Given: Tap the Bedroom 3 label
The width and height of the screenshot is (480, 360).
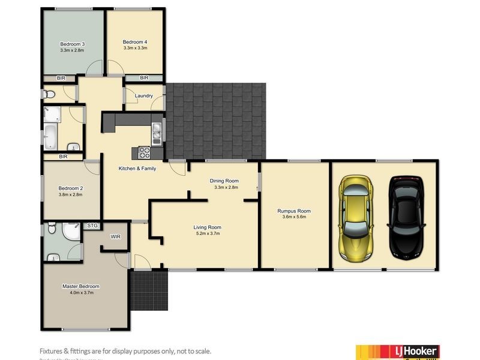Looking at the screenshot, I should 72,44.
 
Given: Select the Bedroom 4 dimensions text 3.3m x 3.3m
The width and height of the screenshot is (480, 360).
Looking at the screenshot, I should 135,48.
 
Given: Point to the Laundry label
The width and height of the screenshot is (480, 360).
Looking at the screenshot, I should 143,95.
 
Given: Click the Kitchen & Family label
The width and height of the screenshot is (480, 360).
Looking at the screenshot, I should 137,169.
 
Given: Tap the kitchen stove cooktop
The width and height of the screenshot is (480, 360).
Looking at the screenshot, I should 145,152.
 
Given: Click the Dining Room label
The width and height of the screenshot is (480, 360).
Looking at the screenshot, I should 224,181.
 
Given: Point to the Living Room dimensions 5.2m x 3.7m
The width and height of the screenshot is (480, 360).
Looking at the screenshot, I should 208,234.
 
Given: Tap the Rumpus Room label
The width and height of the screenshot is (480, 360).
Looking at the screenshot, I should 294,211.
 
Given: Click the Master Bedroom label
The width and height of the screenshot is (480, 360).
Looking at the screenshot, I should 81,286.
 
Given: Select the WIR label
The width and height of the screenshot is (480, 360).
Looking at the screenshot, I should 116,237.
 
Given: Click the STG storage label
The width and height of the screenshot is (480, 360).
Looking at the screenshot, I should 92,226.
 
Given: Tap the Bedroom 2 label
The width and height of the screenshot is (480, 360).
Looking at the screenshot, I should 71,188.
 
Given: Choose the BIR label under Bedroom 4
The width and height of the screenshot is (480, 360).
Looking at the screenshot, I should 144,78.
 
